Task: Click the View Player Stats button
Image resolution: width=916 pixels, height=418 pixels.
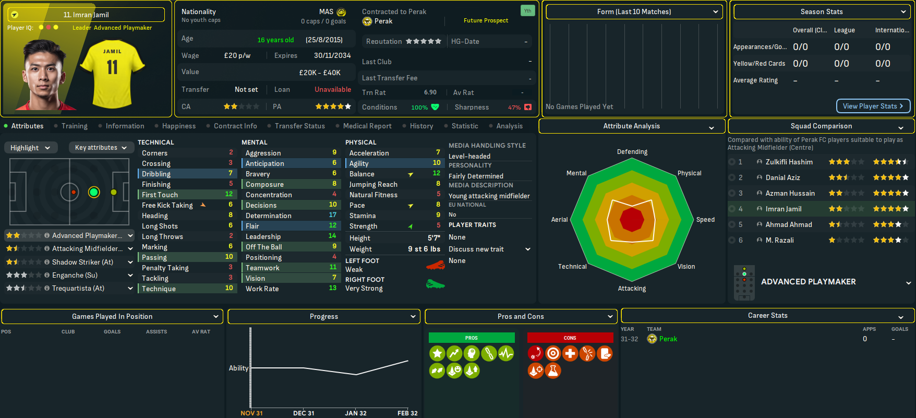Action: coord(873,106)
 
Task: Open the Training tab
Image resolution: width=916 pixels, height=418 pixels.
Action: coord(74,126)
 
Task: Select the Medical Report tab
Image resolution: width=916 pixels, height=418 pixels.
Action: coord(367,126)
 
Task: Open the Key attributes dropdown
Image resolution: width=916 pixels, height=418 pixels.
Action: coord(101,148)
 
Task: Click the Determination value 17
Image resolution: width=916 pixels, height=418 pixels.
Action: coord(332,215)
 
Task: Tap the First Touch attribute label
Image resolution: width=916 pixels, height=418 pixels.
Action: coord(160,195)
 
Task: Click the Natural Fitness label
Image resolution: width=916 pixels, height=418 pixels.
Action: coord(373,195)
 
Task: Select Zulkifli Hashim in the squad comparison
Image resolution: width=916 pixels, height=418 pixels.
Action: coord(789,162)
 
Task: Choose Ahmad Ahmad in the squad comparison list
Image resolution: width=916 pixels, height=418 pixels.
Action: coord(789,224)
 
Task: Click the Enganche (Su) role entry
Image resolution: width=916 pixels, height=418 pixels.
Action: coord(75,275)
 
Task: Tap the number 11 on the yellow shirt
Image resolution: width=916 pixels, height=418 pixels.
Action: coord(112,67)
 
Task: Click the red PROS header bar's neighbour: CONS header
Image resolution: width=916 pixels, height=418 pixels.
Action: coord(570,338)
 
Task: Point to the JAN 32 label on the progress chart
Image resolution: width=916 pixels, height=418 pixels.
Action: coord(355,413)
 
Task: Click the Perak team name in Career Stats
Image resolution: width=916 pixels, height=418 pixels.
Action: coord(668,339)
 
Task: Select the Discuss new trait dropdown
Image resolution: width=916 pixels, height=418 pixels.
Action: coord(489,249)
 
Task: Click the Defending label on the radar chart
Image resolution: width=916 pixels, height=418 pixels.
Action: coord(632,152)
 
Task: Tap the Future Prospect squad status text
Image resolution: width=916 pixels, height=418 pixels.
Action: coord(486,20)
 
